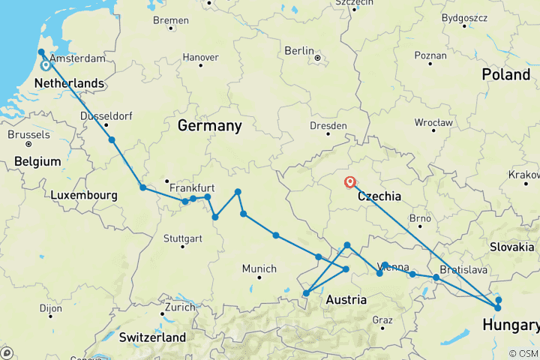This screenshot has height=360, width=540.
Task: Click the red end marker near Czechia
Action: coord(349,181)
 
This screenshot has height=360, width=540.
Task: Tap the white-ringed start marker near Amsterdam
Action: coord(46,65)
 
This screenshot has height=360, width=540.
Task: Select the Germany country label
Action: coord(209,126)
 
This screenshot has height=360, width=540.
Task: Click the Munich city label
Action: coord(259,268)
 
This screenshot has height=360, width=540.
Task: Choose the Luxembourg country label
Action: coord(84,195)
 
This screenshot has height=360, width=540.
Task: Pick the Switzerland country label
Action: coord(145,337)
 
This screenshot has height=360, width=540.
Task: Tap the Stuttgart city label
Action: coord(182,238)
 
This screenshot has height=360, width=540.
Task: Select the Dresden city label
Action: coord(328,126)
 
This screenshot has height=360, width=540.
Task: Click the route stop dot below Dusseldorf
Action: coord(112,139)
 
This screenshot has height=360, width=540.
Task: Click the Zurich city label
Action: coord(180,307)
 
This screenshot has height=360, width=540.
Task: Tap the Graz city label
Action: coord(382,320)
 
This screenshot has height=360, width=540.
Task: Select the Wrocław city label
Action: coord(433,121)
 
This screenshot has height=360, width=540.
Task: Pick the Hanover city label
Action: coord(200,57)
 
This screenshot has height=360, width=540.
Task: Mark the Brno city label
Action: coord(420,218)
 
